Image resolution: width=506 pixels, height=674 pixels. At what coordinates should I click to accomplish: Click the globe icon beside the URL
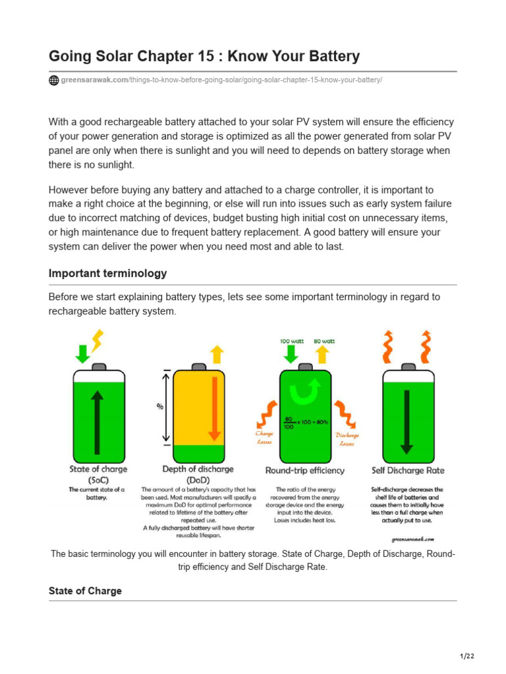(x=54, y=80)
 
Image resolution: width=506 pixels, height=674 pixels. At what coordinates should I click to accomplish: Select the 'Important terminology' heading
(x=107, y=273)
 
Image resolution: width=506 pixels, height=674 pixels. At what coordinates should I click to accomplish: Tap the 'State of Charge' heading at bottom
(x=85, y=591)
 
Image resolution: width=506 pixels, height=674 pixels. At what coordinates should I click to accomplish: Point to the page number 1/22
(x=466, y=656)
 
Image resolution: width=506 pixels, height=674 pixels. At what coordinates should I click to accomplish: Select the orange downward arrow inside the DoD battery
(x=213, y=409)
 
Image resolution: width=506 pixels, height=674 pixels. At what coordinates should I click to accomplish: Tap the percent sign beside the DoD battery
(x=160, y=406)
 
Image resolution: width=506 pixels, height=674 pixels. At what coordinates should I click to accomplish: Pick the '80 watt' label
(x=323, y=341)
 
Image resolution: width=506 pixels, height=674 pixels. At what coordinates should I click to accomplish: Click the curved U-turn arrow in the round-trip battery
(x=305, y=394)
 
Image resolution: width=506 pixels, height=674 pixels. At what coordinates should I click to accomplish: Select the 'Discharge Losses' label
(x=347, y=439)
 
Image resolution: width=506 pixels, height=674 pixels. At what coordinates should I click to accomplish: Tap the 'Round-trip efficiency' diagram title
(x=304, y=471)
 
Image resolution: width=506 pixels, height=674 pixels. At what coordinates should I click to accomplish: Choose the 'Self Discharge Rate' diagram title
(x=408, y=471)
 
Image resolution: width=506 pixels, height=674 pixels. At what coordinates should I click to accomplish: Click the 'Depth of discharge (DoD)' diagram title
(x=198, y=475)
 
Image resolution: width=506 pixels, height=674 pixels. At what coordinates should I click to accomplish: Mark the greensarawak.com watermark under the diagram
(x=412, y=538)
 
